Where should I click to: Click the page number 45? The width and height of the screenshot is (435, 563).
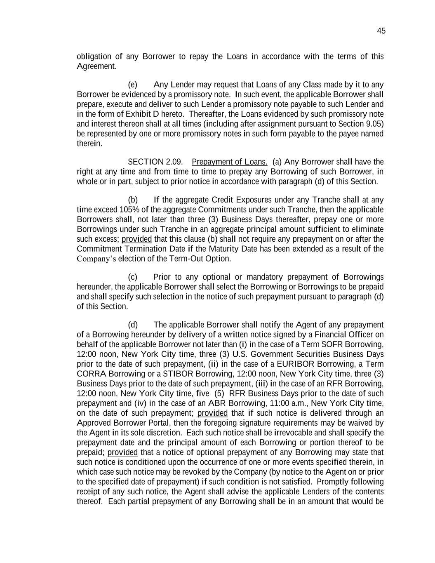[x=381, y=31]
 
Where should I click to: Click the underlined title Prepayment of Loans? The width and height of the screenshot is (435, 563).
[x=230, y=162]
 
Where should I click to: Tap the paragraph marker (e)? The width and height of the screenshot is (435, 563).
[x=133, y=85]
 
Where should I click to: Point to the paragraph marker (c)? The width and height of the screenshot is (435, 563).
[x=133, y=277]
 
